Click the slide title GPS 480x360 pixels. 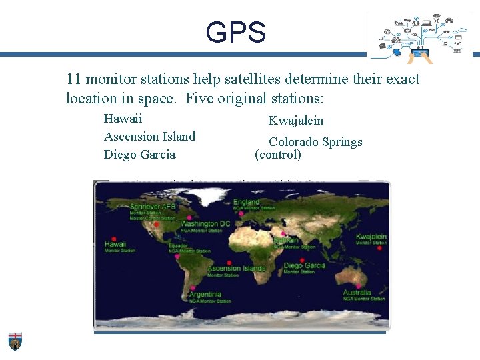(235, 32)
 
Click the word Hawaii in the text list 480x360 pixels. (123, 119)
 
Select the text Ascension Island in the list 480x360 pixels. (149, 137)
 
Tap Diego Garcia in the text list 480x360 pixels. (140, 155)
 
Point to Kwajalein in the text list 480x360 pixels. (295, 121)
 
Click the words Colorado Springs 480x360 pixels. (315, 142)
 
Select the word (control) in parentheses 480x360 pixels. (278, 155)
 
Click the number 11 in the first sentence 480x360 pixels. (73, 79)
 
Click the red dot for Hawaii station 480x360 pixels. (114, 238)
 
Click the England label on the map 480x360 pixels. (246, 202)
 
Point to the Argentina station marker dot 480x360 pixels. (193, 288)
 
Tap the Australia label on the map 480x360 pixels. (357, 293)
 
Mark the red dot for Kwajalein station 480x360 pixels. (379, 248)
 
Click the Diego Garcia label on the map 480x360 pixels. (305, 265)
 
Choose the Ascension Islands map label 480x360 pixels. (236, 269)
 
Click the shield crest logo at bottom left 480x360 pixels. (15, 340)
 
